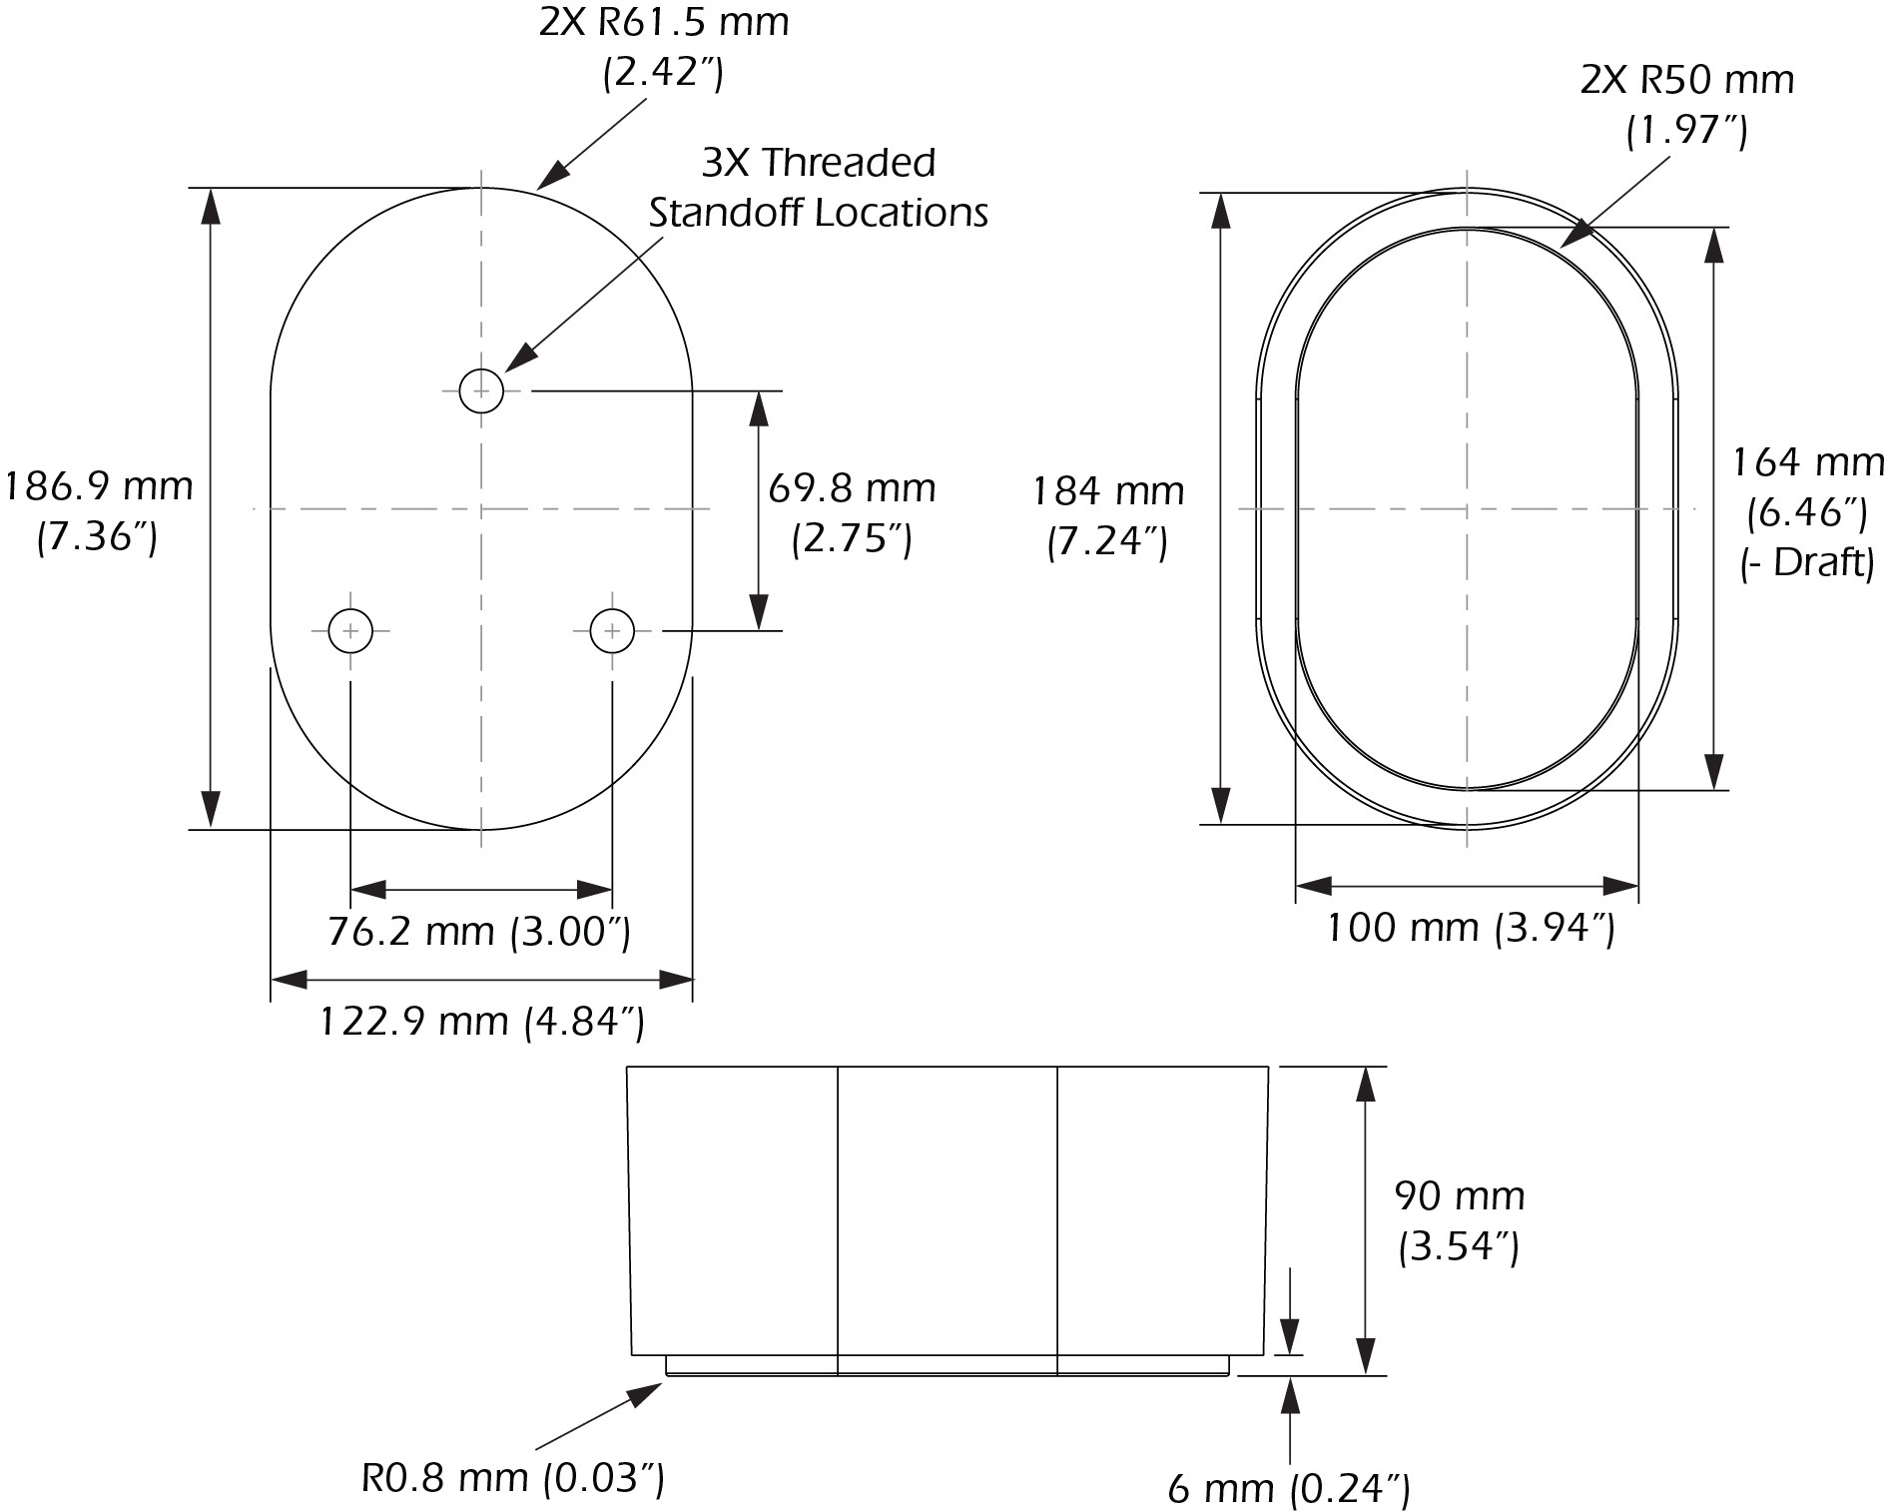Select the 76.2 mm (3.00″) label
tap(479, 931)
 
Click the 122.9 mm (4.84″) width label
tap(481, 1021)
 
